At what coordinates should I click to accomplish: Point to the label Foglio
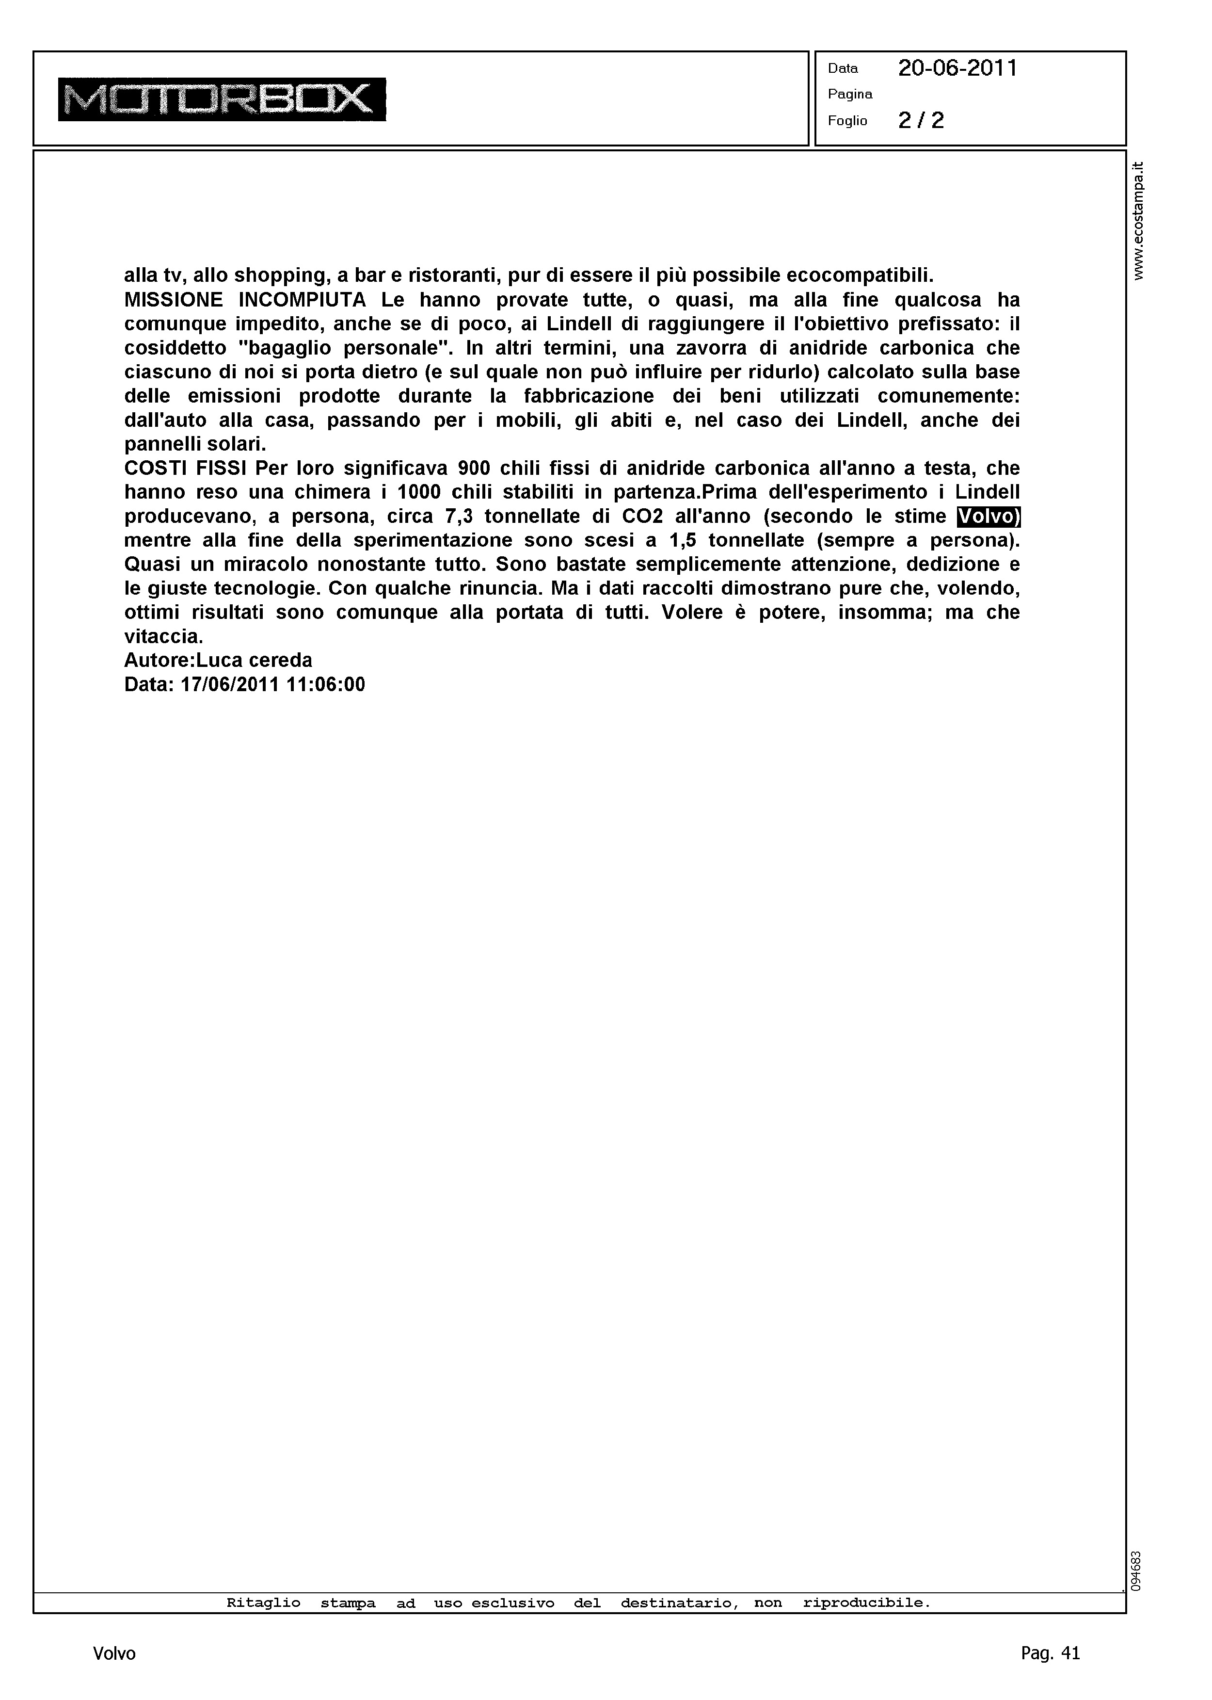(848, 121)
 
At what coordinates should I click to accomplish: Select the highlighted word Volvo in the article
(988, 517)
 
